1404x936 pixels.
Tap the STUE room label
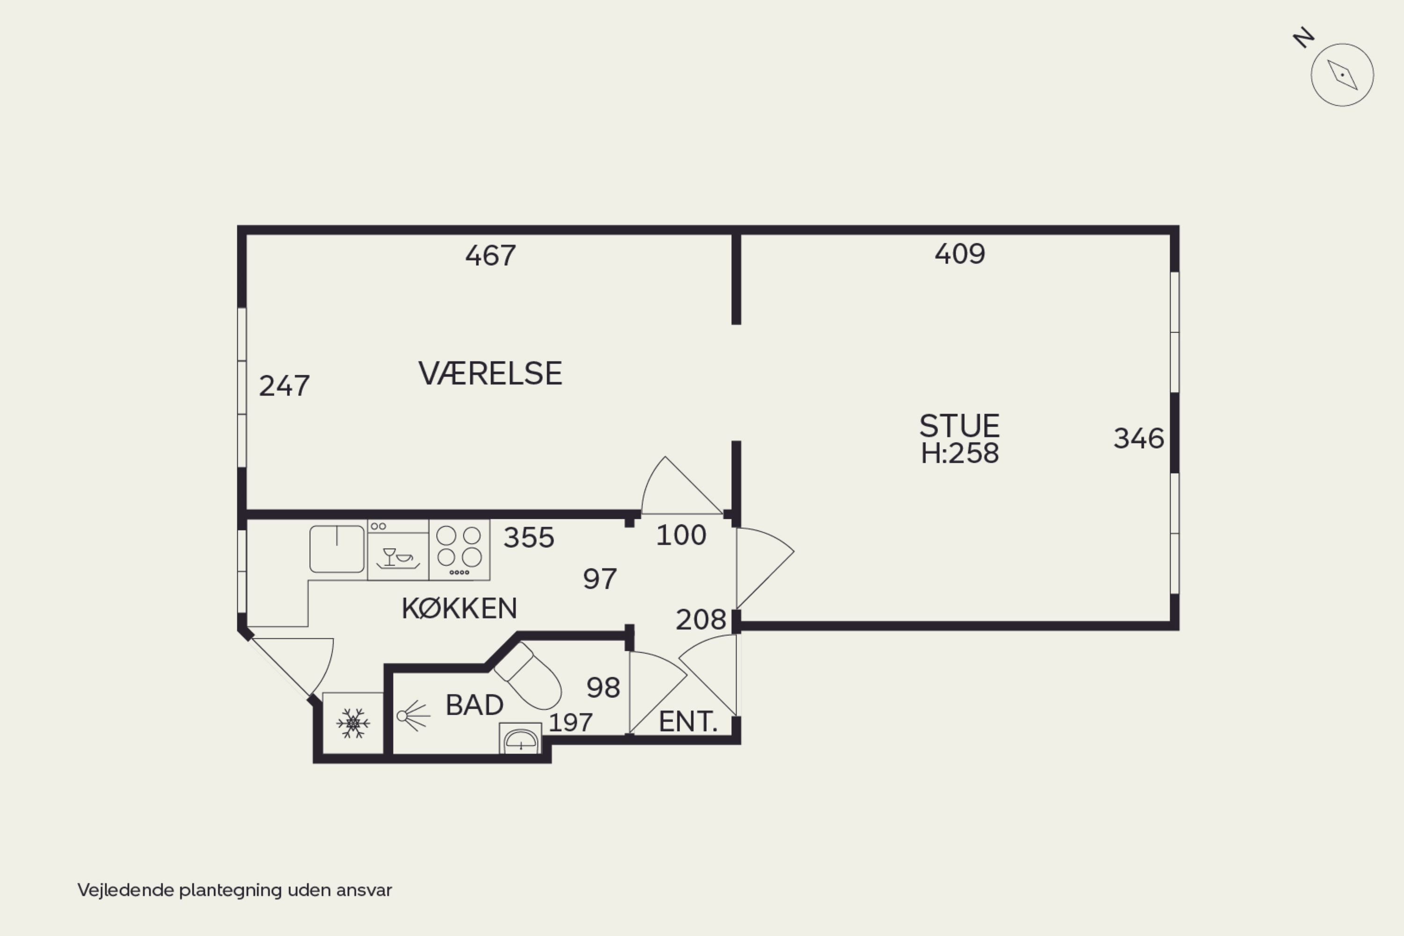959,426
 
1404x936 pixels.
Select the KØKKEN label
459,608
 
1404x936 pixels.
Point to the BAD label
474,705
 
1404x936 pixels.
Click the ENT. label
688,722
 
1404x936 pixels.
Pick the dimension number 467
490,255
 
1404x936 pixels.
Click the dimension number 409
960,254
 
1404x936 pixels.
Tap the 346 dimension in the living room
1139,439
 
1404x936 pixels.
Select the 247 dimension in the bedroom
284,386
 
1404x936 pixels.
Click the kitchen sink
337,549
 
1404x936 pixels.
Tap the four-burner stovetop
459,550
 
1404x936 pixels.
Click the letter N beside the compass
1304,37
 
